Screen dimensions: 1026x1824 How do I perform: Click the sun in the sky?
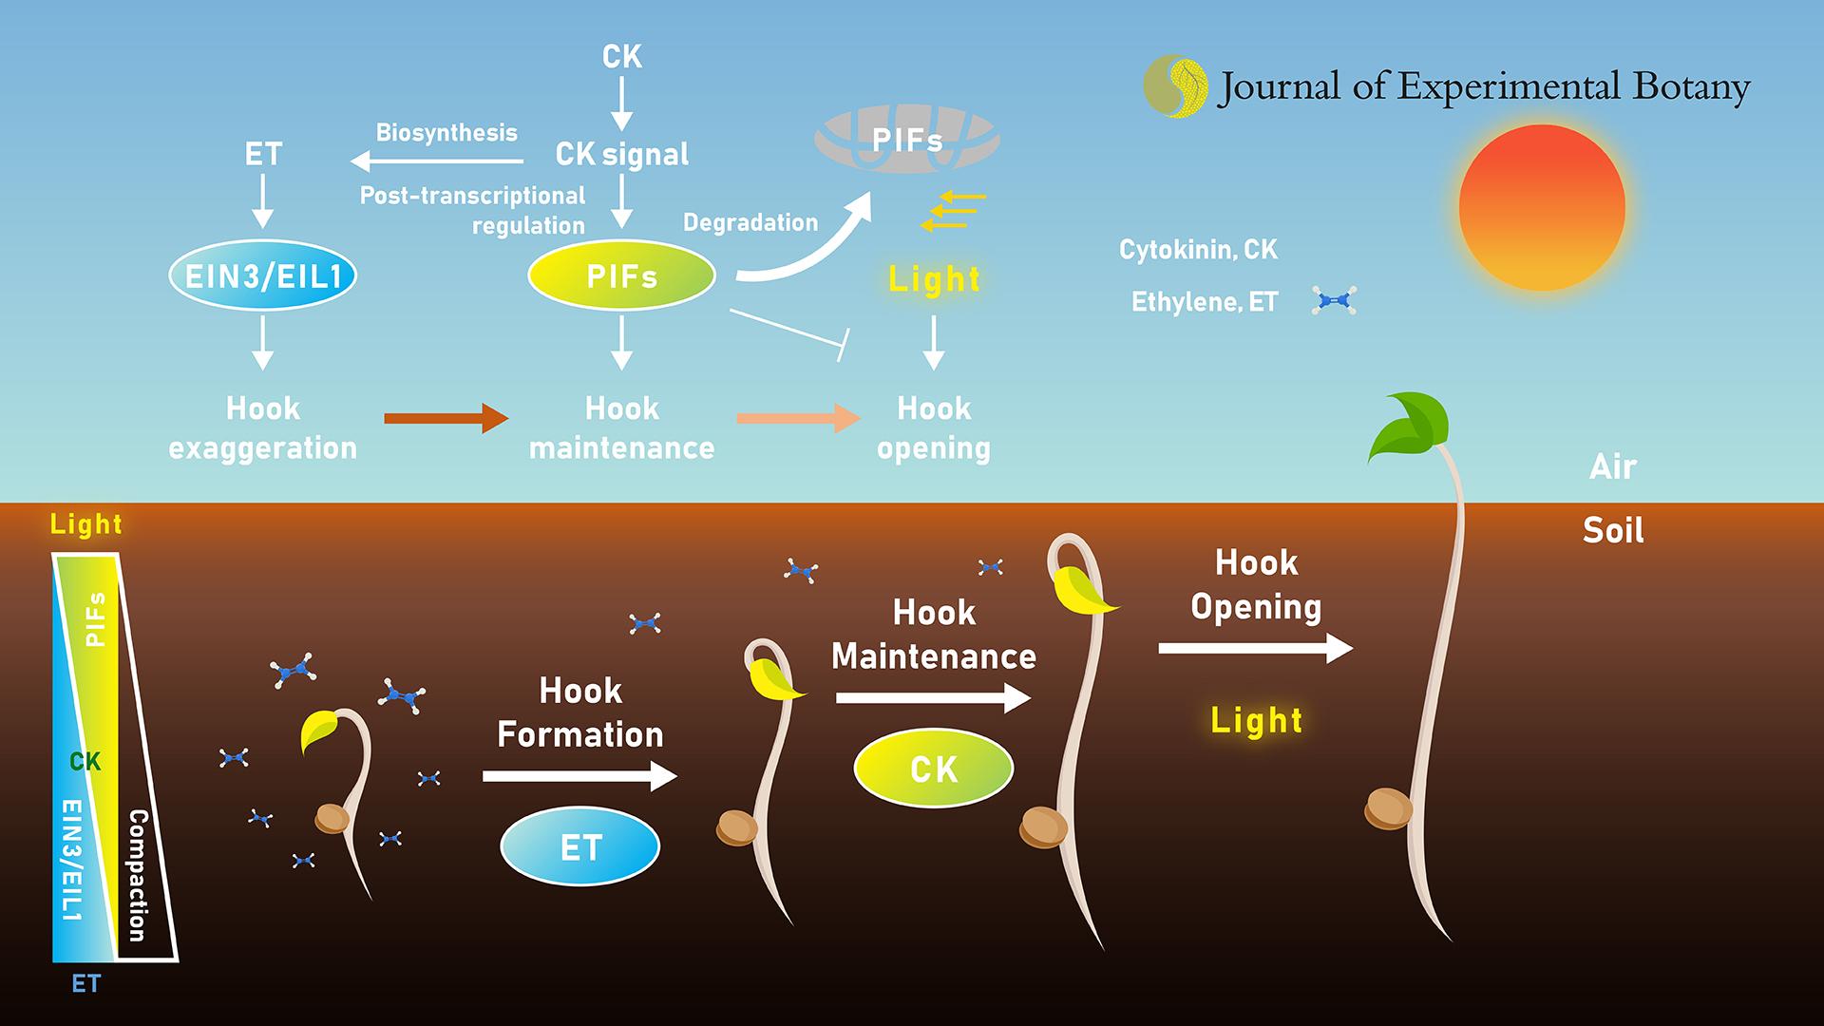pos(1541,207)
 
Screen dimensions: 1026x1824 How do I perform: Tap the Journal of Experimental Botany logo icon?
pos(1175,86)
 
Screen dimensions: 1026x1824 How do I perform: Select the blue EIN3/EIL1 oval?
pos(262,276)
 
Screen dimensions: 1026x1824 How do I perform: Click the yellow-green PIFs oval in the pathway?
pos(621,276)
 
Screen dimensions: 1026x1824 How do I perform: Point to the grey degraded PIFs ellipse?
pos(906,141)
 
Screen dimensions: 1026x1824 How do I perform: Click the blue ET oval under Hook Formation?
pos(579,846)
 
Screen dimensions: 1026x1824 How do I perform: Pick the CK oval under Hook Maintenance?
pos(933,769)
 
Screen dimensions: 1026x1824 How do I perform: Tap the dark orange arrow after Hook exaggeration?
pos(446,417)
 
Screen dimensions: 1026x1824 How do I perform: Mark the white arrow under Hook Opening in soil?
pos(1255,649)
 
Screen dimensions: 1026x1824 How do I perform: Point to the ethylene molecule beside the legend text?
pos(1333,301)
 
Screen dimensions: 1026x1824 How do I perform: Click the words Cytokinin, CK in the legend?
pos(1198,250)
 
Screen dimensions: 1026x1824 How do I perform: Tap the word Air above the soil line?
pos(1612,466)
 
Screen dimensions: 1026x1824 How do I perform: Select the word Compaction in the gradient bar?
pos(139,874)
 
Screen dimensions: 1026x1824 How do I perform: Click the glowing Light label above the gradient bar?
pos(86,523)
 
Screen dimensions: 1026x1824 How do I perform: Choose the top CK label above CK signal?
pos(621,57)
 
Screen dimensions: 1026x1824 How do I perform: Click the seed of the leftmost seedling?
pos(332,818)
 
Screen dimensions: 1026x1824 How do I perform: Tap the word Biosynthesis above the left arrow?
pos(446,132)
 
